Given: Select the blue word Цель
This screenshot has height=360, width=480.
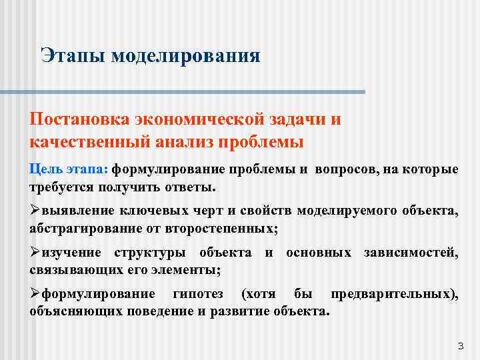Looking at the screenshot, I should click(44, 169).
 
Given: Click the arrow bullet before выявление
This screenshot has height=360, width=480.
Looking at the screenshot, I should click(35, 211).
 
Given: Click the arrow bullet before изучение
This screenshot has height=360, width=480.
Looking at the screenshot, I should click(35, 253).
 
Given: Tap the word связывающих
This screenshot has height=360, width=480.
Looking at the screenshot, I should click(70, 270).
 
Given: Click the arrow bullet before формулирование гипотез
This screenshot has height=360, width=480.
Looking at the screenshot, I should click(35, 295).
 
